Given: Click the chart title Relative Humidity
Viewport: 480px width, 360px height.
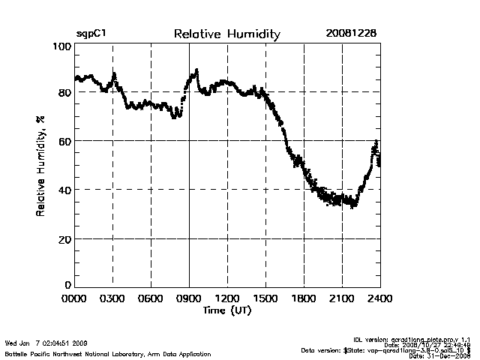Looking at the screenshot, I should (226, 34).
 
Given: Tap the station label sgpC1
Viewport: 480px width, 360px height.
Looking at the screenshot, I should (93, 34).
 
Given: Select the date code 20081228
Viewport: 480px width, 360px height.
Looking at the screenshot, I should (351, 34).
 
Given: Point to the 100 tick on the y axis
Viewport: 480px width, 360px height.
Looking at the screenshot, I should (62, 46).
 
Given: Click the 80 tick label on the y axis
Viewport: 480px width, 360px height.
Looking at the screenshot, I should (64, 92).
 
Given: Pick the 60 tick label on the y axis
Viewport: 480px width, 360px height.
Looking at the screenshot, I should (64, 141).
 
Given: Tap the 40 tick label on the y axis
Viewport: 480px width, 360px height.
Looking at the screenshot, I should (64, 190).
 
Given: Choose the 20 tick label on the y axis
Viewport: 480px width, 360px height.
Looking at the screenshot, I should (64, 238).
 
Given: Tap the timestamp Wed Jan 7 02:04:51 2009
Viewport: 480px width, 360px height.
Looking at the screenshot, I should (46, 343).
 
